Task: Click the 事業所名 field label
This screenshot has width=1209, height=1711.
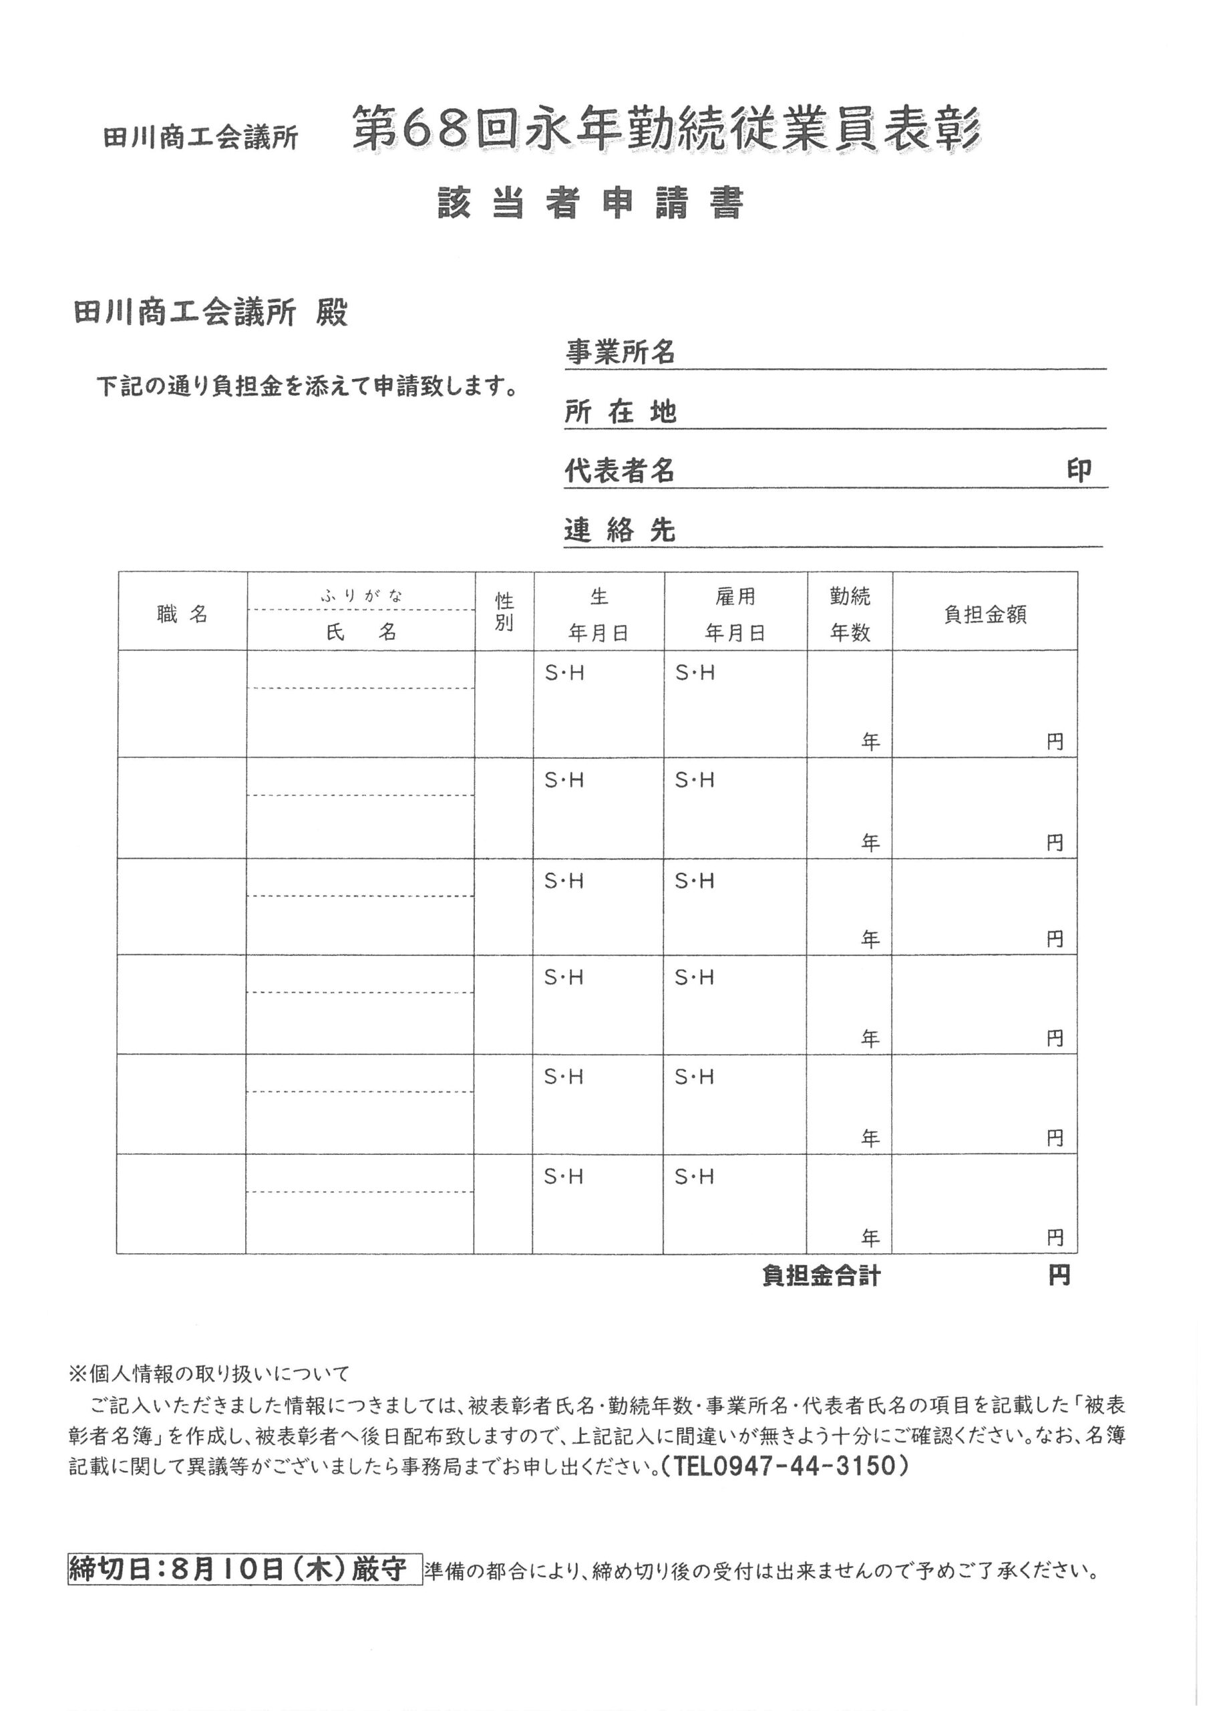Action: (x=620, y=352)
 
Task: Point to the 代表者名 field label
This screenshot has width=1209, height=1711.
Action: (x=620, y=471)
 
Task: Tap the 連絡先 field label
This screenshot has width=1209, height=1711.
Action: (x=620, y=531)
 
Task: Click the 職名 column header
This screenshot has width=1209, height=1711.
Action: (x=182, y=615)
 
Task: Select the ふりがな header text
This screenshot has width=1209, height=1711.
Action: (x=361, y=596)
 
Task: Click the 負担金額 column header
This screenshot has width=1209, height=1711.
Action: (x=985, y=615)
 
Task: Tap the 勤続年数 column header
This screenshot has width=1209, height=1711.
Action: (x=850, y=614)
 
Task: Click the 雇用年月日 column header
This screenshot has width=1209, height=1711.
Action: (x=735, y=614)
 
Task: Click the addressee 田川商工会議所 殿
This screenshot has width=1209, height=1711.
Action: (x=211, y=313)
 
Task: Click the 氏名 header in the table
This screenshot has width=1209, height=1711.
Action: (x=361, y=633)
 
